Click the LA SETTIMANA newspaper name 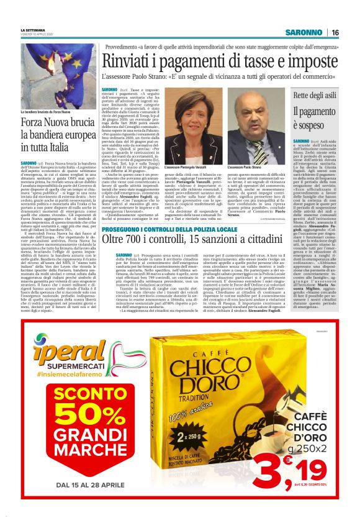(34, 29)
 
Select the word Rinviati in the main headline (128, 61)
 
